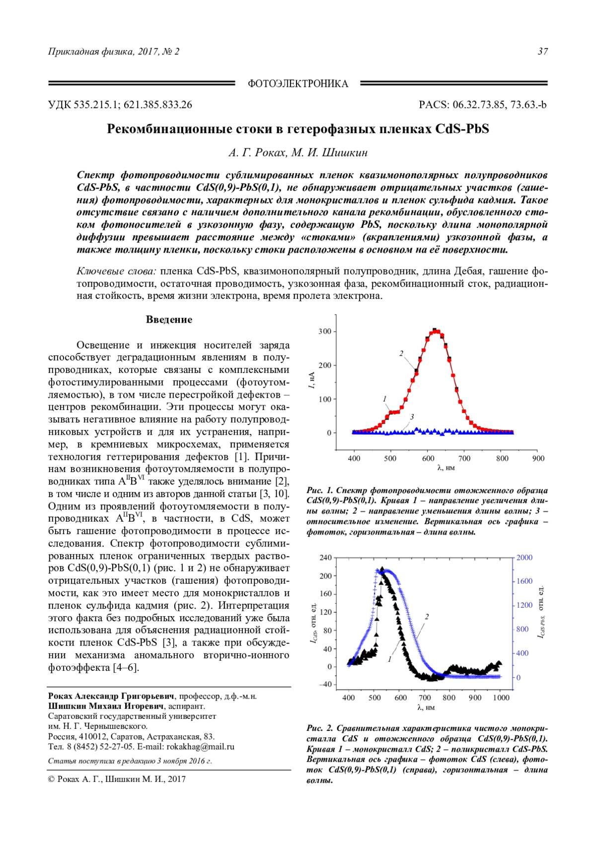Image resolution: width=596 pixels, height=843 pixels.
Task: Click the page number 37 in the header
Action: pos(543,52)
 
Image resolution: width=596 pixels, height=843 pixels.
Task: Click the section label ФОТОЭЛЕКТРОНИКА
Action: pos(298,84)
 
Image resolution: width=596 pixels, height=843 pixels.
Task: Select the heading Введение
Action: pos(169,320)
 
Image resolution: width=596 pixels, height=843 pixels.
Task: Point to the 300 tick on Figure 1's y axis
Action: pos(325,332)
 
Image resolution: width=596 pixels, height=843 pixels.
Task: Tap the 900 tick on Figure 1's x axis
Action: pos(538,458)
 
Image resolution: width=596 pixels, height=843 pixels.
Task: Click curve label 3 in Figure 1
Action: pos(412,417)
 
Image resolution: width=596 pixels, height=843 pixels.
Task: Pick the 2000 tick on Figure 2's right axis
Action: pos(524,558)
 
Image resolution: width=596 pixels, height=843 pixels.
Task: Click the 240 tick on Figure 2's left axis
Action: pos(325,558)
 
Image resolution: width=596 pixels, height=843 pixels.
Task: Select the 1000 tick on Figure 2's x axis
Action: pos(501,698)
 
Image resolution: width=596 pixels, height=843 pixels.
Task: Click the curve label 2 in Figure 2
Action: pos(427,617)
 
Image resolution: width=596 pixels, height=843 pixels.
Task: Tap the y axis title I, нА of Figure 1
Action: pos(311,380)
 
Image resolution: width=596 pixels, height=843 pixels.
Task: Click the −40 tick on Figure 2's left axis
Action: pos(325,685)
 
